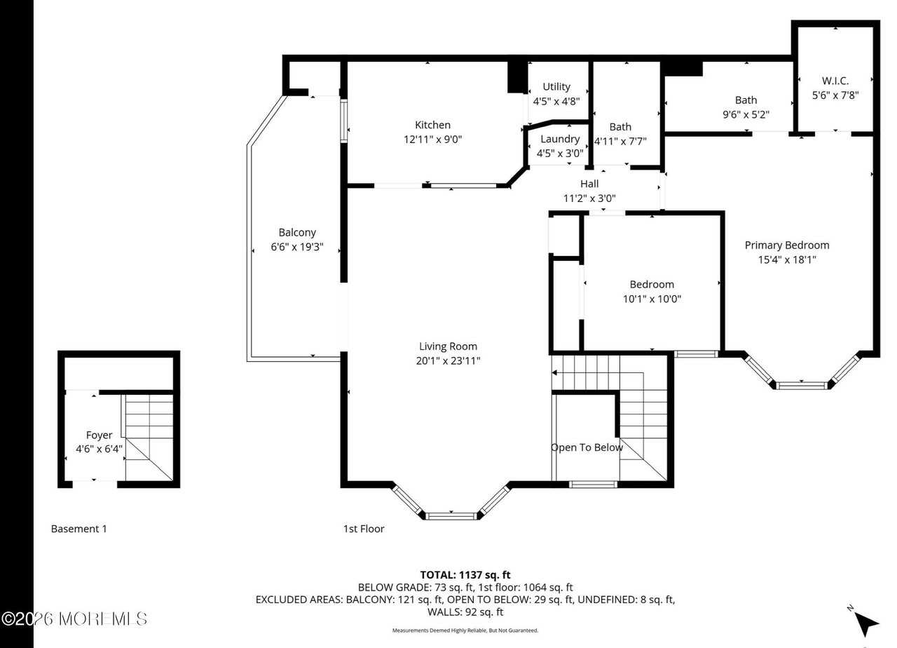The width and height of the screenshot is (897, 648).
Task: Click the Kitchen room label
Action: [x=432, y=125]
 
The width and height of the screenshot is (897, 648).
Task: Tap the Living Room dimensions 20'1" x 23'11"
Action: [x=448, y=360]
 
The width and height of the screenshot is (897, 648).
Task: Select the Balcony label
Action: [x=297, y=232]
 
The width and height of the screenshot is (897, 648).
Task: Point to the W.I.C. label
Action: [x=835, y=81]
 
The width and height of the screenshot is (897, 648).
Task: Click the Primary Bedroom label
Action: [x=786, y=245]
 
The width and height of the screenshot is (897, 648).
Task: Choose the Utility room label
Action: [x=556, y=86]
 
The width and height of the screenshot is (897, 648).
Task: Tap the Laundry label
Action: [x=560, y=139]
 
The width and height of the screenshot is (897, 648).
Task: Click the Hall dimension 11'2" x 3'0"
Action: [x=589, y=198]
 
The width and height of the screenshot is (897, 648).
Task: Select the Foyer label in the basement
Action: [x=99, y=435]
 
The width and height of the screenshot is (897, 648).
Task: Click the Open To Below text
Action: [x=587, y=447]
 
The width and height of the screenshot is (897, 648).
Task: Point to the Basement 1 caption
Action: [x=79, y=529]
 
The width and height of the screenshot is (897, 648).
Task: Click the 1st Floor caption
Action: [x=364, y=529]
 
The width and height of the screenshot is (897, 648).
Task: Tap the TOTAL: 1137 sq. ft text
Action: [x=465, y=575]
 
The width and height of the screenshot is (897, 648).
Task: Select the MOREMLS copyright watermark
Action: [x=74, y=619]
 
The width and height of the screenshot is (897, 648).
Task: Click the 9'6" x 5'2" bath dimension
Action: [x=746, y=114]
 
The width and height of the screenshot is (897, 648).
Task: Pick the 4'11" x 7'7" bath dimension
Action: [x=620, y=140]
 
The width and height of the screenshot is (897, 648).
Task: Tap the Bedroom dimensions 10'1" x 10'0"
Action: [x=652, y=299]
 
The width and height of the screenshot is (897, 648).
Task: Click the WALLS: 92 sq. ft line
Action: [x=465, y=612]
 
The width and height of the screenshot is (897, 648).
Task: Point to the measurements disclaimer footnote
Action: [x=465, y=630]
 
